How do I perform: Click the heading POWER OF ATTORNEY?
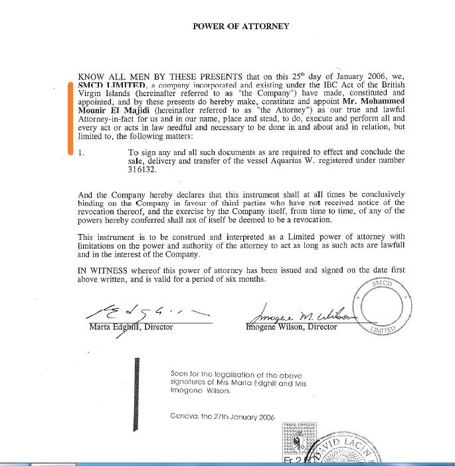tap(240, 27)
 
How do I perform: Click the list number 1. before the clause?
tap(81, 152)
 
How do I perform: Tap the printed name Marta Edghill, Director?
tap(131, 327)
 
